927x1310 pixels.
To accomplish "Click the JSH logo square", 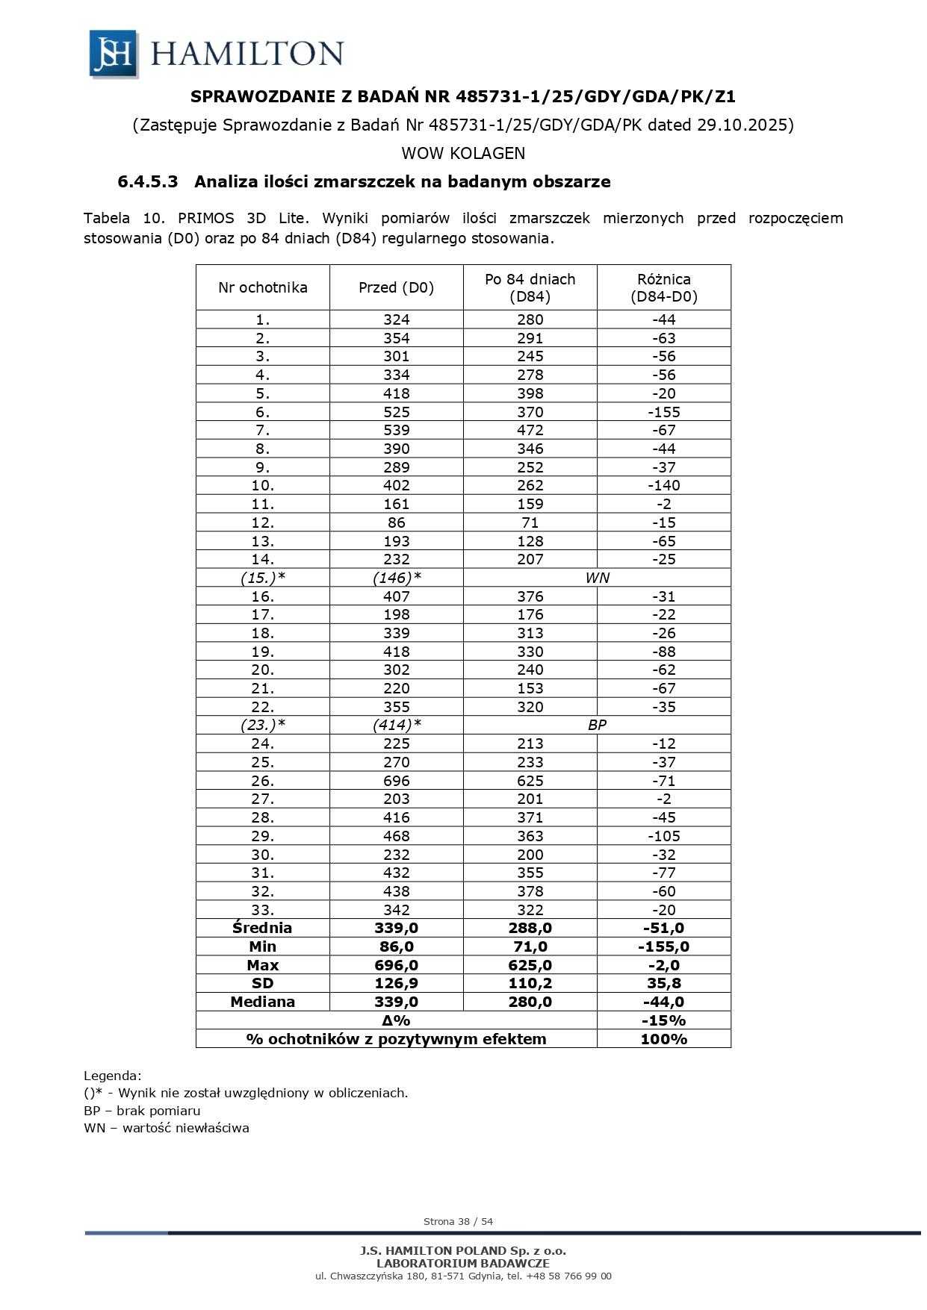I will [114, 54].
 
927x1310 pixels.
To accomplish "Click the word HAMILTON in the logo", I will [247, 54].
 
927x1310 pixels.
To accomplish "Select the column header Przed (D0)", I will [396, 287].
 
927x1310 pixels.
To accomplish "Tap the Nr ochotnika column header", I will [262, 287].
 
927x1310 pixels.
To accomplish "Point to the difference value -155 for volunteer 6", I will [663, 412].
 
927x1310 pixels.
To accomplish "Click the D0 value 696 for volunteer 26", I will [396, 781].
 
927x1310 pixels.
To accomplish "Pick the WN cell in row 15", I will [597, 578].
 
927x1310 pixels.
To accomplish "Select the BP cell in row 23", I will [597, 725].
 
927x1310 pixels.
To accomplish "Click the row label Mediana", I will [262, 1002].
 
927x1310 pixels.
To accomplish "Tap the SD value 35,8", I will [663, 983].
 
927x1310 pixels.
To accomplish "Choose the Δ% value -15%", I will [663, 1020].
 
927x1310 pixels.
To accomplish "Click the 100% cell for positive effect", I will [663, 1039].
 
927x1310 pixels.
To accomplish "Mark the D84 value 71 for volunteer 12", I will [530, 523].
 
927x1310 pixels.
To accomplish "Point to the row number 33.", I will [262, 910].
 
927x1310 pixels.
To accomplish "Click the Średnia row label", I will [262, 928].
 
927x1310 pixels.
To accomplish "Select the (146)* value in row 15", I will [396, 578].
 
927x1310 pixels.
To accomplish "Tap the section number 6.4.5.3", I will [148, 181].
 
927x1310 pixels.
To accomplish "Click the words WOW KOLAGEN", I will [463, 153].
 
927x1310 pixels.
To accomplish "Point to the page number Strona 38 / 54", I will [458, 1221].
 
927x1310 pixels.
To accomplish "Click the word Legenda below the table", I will [112, 1076].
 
